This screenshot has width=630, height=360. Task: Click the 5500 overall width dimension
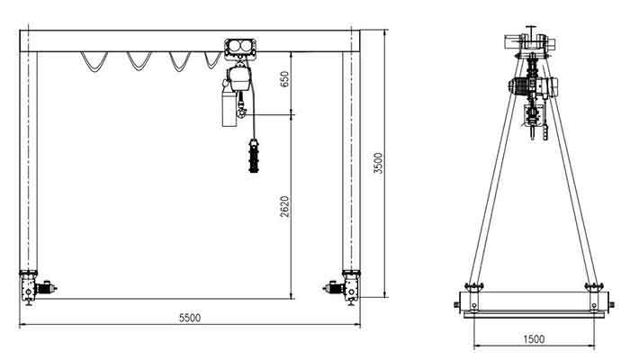(x=190, y=318)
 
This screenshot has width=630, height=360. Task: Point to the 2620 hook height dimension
(x=284, y=207)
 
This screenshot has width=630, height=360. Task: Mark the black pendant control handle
(x=252, y=159)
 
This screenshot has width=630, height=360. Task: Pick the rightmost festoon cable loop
(x=212, y=60)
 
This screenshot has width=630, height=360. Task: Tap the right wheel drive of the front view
(x=346, y=288)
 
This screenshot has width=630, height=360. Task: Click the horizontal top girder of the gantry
(x=135, y=40)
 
